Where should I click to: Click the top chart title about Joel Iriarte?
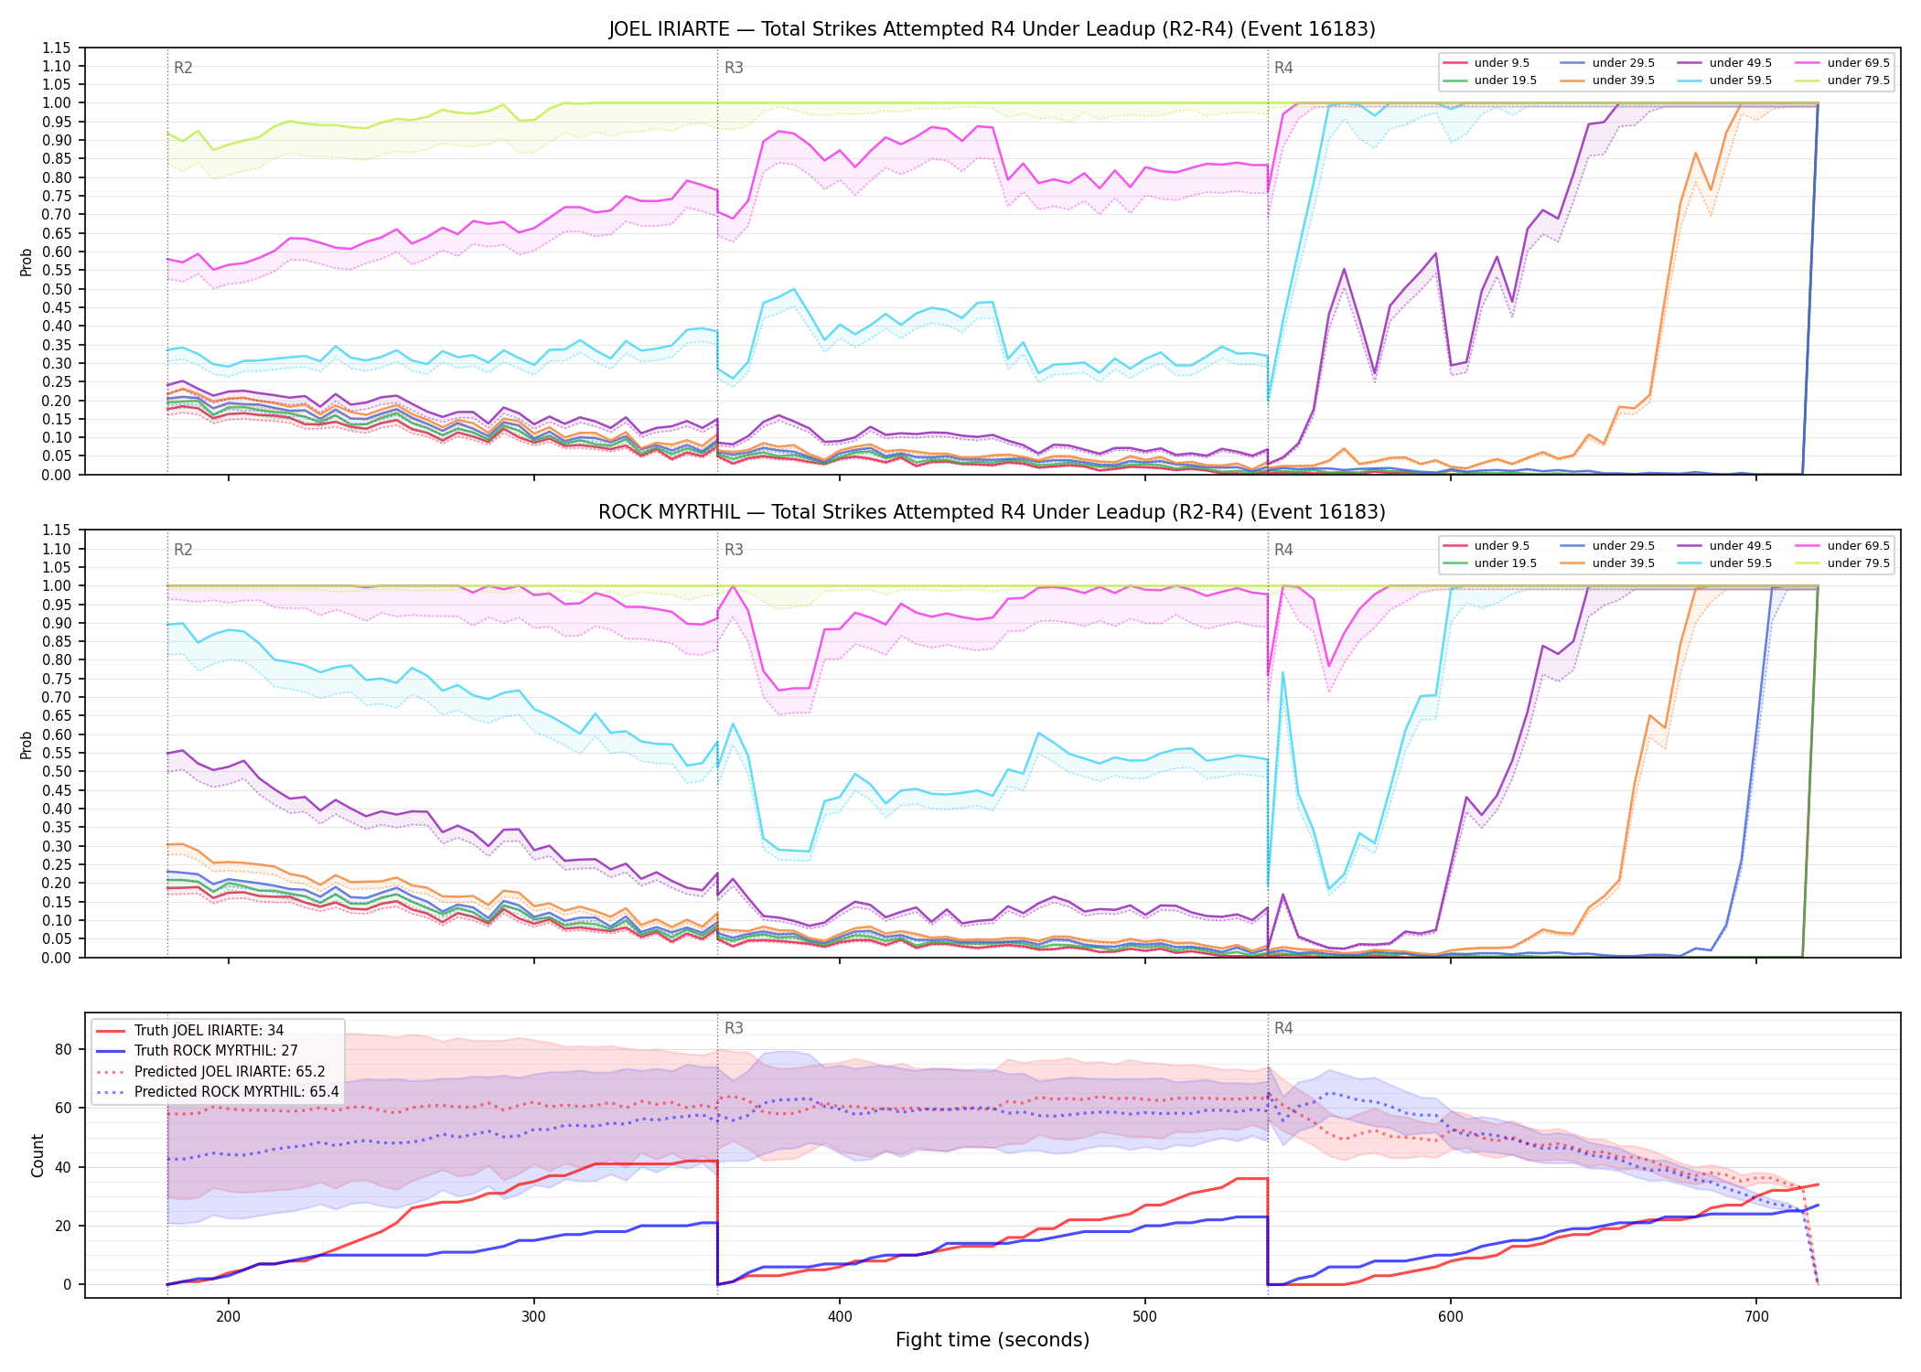pos(992,29)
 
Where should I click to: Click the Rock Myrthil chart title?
pos(992,512)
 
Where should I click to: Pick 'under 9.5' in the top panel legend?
pos(1501,63)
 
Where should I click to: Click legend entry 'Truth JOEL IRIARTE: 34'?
pos(209,1031)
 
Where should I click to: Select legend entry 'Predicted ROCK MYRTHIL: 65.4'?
pos(236,1092)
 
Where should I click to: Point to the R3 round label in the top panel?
pos(734,68)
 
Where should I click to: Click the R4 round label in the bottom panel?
pos(1283,1028)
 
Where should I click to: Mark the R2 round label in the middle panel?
pos(183,550)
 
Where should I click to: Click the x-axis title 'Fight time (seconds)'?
pos(993,1340)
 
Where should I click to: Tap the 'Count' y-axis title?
pos(38,1155)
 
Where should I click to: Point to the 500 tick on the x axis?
pos(1145,1316)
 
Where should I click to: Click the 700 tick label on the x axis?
pos(1756,1316)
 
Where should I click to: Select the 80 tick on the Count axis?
pos(63,1049)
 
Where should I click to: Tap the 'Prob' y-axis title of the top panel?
pos(27,262)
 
